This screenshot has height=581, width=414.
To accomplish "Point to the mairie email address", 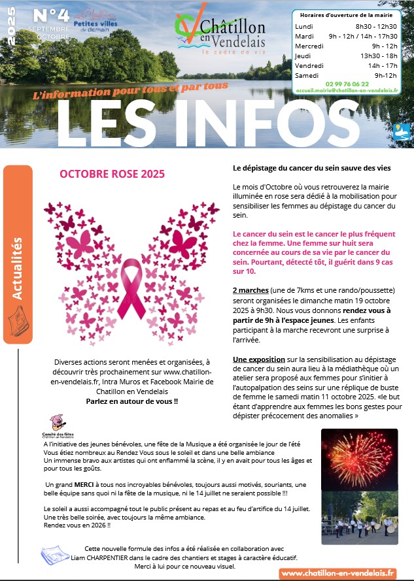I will tap(347, 91).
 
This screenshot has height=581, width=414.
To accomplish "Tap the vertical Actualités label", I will tap(18, 269).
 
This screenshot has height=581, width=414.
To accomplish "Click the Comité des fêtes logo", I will tap(59, 427).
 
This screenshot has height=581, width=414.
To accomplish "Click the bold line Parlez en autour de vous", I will tap(132, 401).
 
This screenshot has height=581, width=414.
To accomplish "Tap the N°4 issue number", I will tap(50, 16).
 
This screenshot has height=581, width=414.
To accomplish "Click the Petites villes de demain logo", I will tap(94, 20).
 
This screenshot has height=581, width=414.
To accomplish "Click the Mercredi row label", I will tap(309, 46).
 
